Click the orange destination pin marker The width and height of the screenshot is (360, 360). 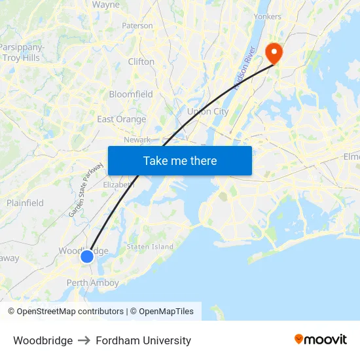coord(272,52)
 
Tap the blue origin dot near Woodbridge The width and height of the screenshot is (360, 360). coord(87,257)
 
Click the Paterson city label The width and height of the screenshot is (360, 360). coord(137,26)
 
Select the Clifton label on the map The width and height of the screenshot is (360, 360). coord(141,62)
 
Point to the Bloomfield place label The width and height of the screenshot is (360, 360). coord(131,94)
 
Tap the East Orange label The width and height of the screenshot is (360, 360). coord(122,119)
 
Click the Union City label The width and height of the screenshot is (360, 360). coord(207,112)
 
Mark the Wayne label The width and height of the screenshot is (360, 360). coord(105,5)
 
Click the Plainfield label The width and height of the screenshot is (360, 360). coord(25,203)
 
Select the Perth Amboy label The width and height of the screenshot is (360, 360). coord(93,283)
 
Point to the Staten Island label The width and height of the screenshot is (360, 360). coord(150,247)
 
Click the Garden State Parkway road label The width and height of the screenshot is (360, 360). coord(86,189)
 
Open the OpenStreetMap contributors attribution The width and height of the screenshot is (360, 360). coord(70,312)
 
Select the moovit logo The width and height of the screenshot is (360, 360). coord(321,340)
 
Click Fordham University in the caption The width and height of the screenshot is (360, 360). coord(143,340)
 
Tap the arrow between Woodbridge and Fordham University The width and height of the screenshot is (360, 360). coord(84,340)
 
